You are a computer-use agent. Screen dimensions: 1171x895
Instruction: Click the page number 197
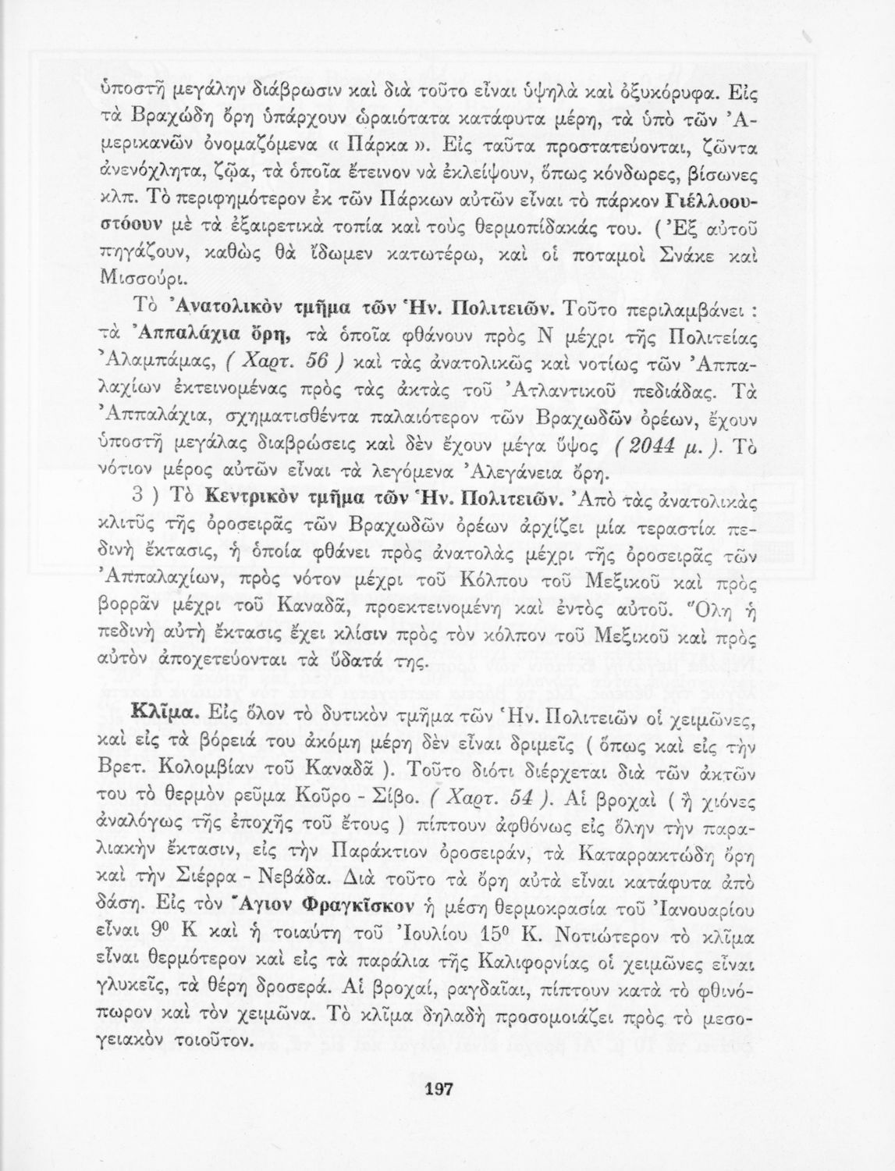(440, 1091)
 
